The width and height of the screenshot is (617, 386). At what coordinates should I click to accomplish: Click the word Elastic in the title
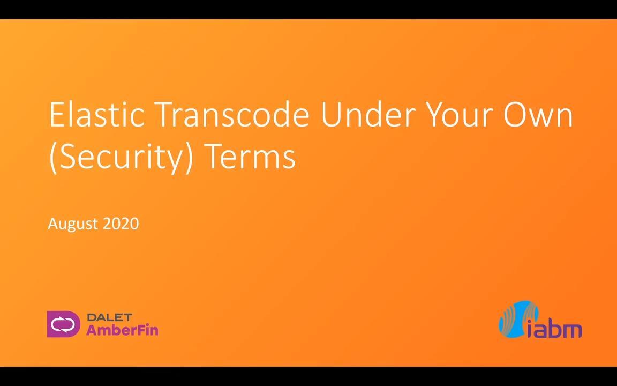pyautogui.click(x=97, y=114)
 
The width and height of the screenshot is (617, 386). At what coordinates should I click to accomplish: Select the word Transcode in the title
pyautogui.click(x=233, y=114)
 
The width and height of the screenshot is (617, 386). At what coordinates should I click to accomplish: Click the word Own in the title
pyautogui.click(x=538, y=114)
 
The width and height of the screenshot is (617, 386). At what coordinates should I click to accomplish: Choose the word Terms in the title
pyautogui.click(x=250, y=157)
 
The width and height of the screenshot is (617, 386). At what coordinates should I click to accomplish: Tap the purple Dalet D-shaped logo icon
pyautogui.click(x=63, y=324)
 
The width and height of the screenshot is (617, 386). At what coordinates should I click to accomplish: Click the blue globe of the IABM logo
pyautogui.click(x=518, y=319)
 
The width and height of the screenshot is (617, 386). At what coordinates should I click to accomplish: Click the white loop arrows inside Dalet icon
pyautogui.click(x=63, y=324)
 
